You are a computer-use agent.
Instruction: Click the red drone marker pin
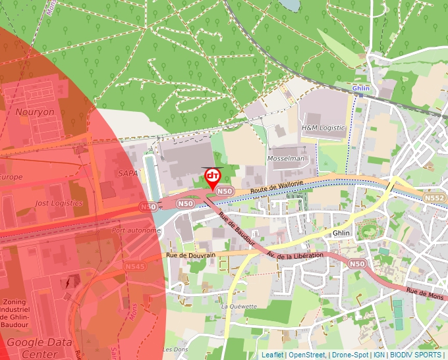(x=213, y=177)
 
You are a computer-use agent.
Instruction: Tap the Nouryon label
(x=35, y=112)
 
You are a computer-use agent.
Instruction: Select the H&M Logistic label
(x=323, y=127)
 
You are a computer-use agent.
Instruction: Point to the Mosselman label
(x=287, y=159)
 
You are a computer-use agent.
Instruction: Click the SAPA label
(x=128, y=173)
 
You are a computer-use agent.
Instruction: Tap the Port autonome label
(x=136, y=230)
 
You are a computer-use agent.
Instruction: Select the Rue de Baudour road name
(x=237, y=229)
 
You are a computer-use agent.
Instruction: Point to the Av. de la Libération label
(x=295, y=255)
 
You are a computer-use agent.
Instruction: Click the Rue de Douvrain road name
(x=191, y=255)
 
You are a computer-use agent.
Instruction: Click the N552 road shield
(x=434, y=197)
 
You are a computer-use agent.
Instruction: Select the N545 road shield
(x=134, y=267)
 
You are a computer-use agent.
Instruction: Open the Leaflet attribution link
(x=272, y=355)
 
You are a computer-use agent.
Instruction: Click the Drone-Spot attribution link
(x=350, y=355)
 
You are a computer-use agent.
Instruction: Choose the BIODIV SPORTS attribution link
(x=416, y=355)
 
